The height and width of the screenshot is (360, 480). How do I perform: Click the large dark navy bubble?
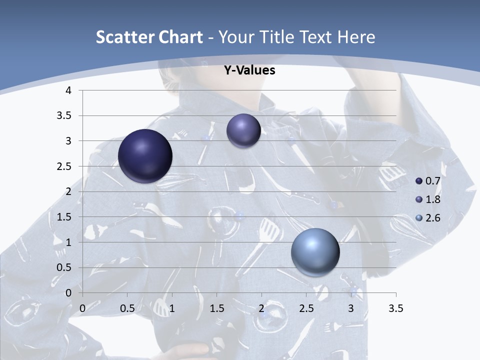(145, 156)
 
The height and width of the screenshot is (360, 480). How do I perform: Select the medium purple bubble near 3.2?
(243, 130)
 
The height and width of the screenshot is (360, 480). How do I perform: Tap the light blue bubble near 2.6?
(315, 252)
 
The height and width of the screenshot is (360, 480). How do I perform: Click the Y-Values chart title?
(249, 70)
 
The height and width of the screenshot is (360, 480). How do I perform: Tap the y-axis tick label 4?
(68, 90)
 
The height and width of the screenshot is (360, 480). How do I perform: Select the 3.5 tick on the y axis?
(64, 115)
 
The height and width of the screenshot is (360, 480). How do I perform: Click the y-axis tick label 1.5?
(64, 217)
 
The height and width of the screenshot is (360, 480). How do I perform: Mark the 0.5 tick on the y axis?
(64, 267)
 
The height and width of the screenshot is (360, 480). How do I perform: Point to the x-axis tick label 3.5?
(395, 308)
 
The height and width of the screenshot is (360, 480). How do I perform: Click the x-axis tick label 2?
(261, 308)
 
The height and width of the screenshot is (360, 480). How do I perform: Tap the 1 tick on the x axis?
(172, 308)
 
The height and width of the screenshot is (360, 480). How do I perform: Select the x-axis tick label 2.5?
(306, 308)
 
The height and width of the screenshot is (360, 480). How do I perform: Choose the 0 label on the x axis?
(82, 308)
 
